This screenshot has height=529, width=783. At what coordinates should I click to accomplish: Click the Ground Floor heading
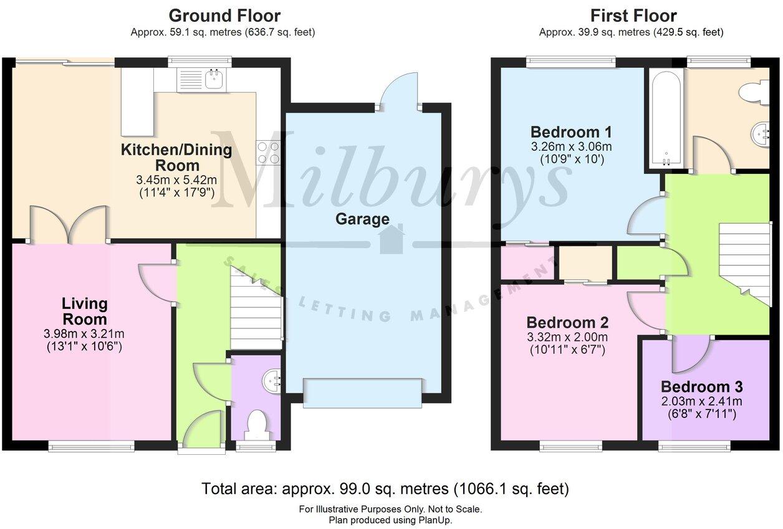tap(224, 16)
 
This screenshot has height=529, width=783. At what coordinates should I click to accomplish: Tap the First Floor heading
tap(633, 16)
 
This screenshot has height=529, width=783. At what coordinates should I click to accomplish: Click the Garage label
tap(362, 219)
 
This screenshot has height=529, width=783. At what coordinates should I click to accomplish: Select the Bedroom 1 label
tap(571, 132)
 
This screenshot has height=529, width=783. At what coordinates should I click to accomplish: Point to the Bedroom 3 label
tap(702, 387)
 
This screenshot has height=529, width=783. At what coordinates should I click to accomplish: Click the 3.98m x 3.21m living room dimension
tap(84, 334)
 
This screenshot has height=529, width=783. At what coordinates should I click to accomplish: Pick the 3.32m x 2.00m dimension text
tap(567, 337)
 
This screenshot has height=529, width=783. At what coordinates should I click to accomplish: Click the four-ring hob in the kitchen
tap(268, 153)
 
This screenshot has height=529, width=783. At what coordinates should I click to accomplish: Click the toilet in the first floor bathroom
tap(754, 92)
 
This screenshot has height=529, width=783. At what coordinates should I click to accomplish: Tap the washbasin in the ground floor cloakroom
tap(272, 381)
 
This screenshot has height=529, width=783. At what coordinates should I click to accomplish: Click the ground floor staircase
tap(256, 307)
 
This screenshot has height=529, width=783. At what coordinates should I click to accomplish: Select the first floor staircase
tap(744, 264)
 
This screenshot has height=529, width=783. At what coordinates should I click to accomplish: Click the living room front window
tap(91, 446)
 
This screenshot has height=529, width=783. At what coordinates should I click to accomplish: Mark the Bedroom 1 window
tap(571, 62)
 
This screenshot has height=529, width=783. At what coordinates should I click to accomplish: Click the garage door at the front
tap(362, 393)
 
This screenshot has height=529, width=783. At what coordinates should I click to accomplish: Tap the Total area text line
tap(385, 488)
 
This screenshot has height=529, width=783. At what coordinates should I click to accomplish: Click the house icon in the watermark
tap(392, 239)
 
